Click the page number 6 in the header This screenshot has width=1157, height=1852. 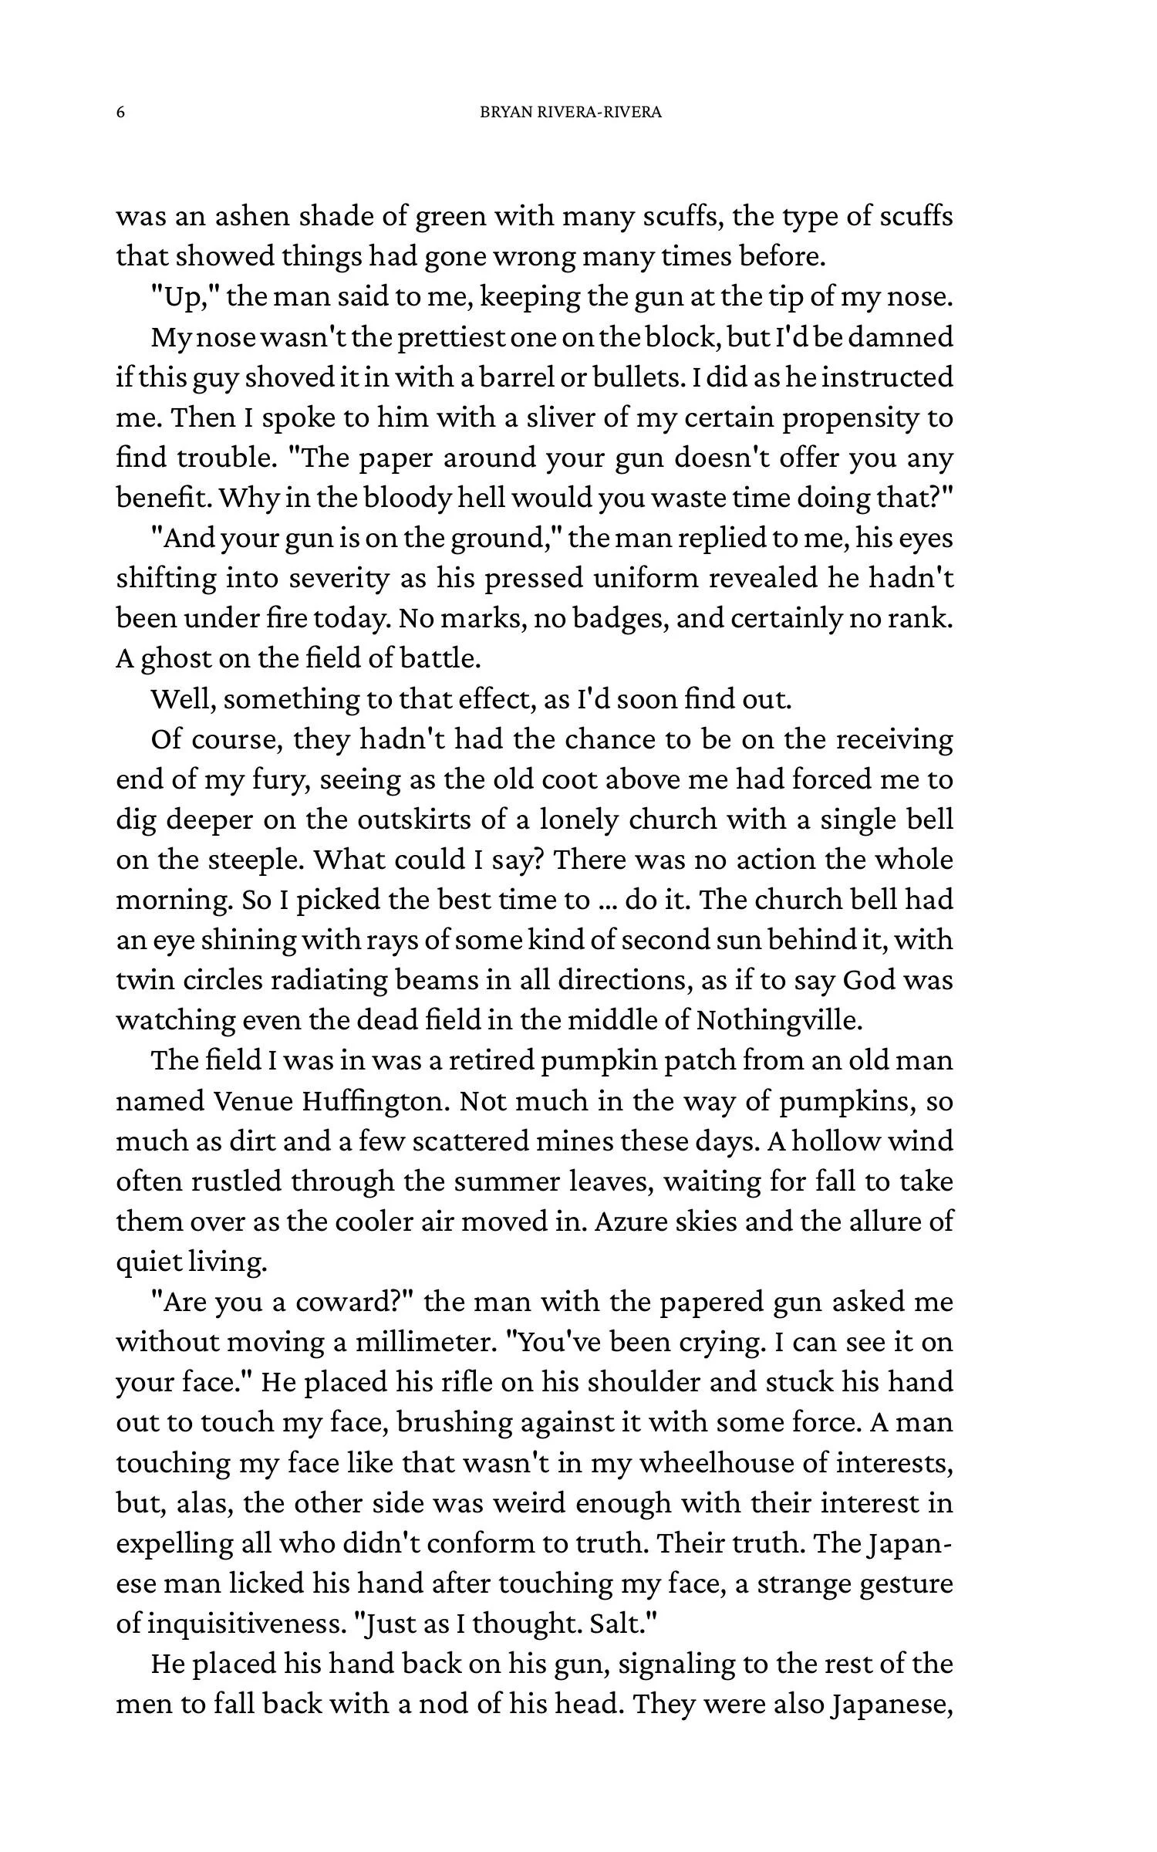pyautogui.click(x=120, y=113)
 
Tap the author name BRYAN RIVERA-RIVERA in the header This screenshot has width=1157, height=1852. pyautogui.click(x=571, y=113)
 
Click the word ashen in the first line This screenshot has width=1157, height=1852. pyautogui.click(x=251, y=217)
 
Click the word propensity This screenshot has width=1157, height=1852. pyautogui.click(x=849, y=418)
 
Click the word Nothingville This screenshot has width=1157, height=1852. pyautogui.click(x=778, y=1021)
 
